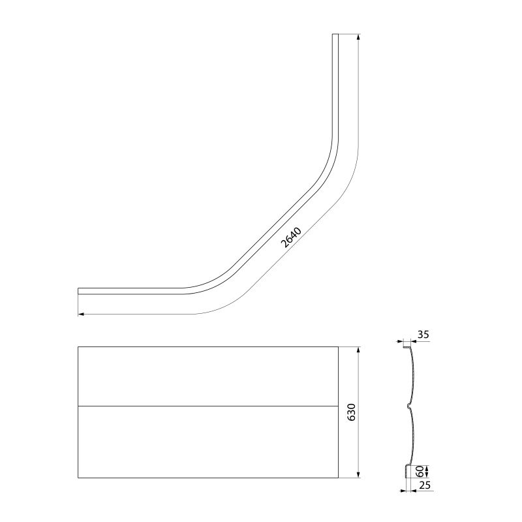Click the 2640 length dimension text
point(291,238)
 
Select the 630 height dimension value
point(352,412)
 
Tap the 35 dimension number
point(423,335)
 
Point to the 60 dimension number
point(420,471)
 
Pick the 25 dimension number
point(425,485)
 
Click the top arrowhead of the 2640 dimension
point(358,37)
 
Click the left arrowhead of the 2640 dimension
point(81,314)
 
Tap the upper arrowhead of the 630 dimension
point(358,350)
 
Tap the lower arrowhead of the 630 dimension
point(358,475)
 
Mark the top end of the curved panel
point(335,35)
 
